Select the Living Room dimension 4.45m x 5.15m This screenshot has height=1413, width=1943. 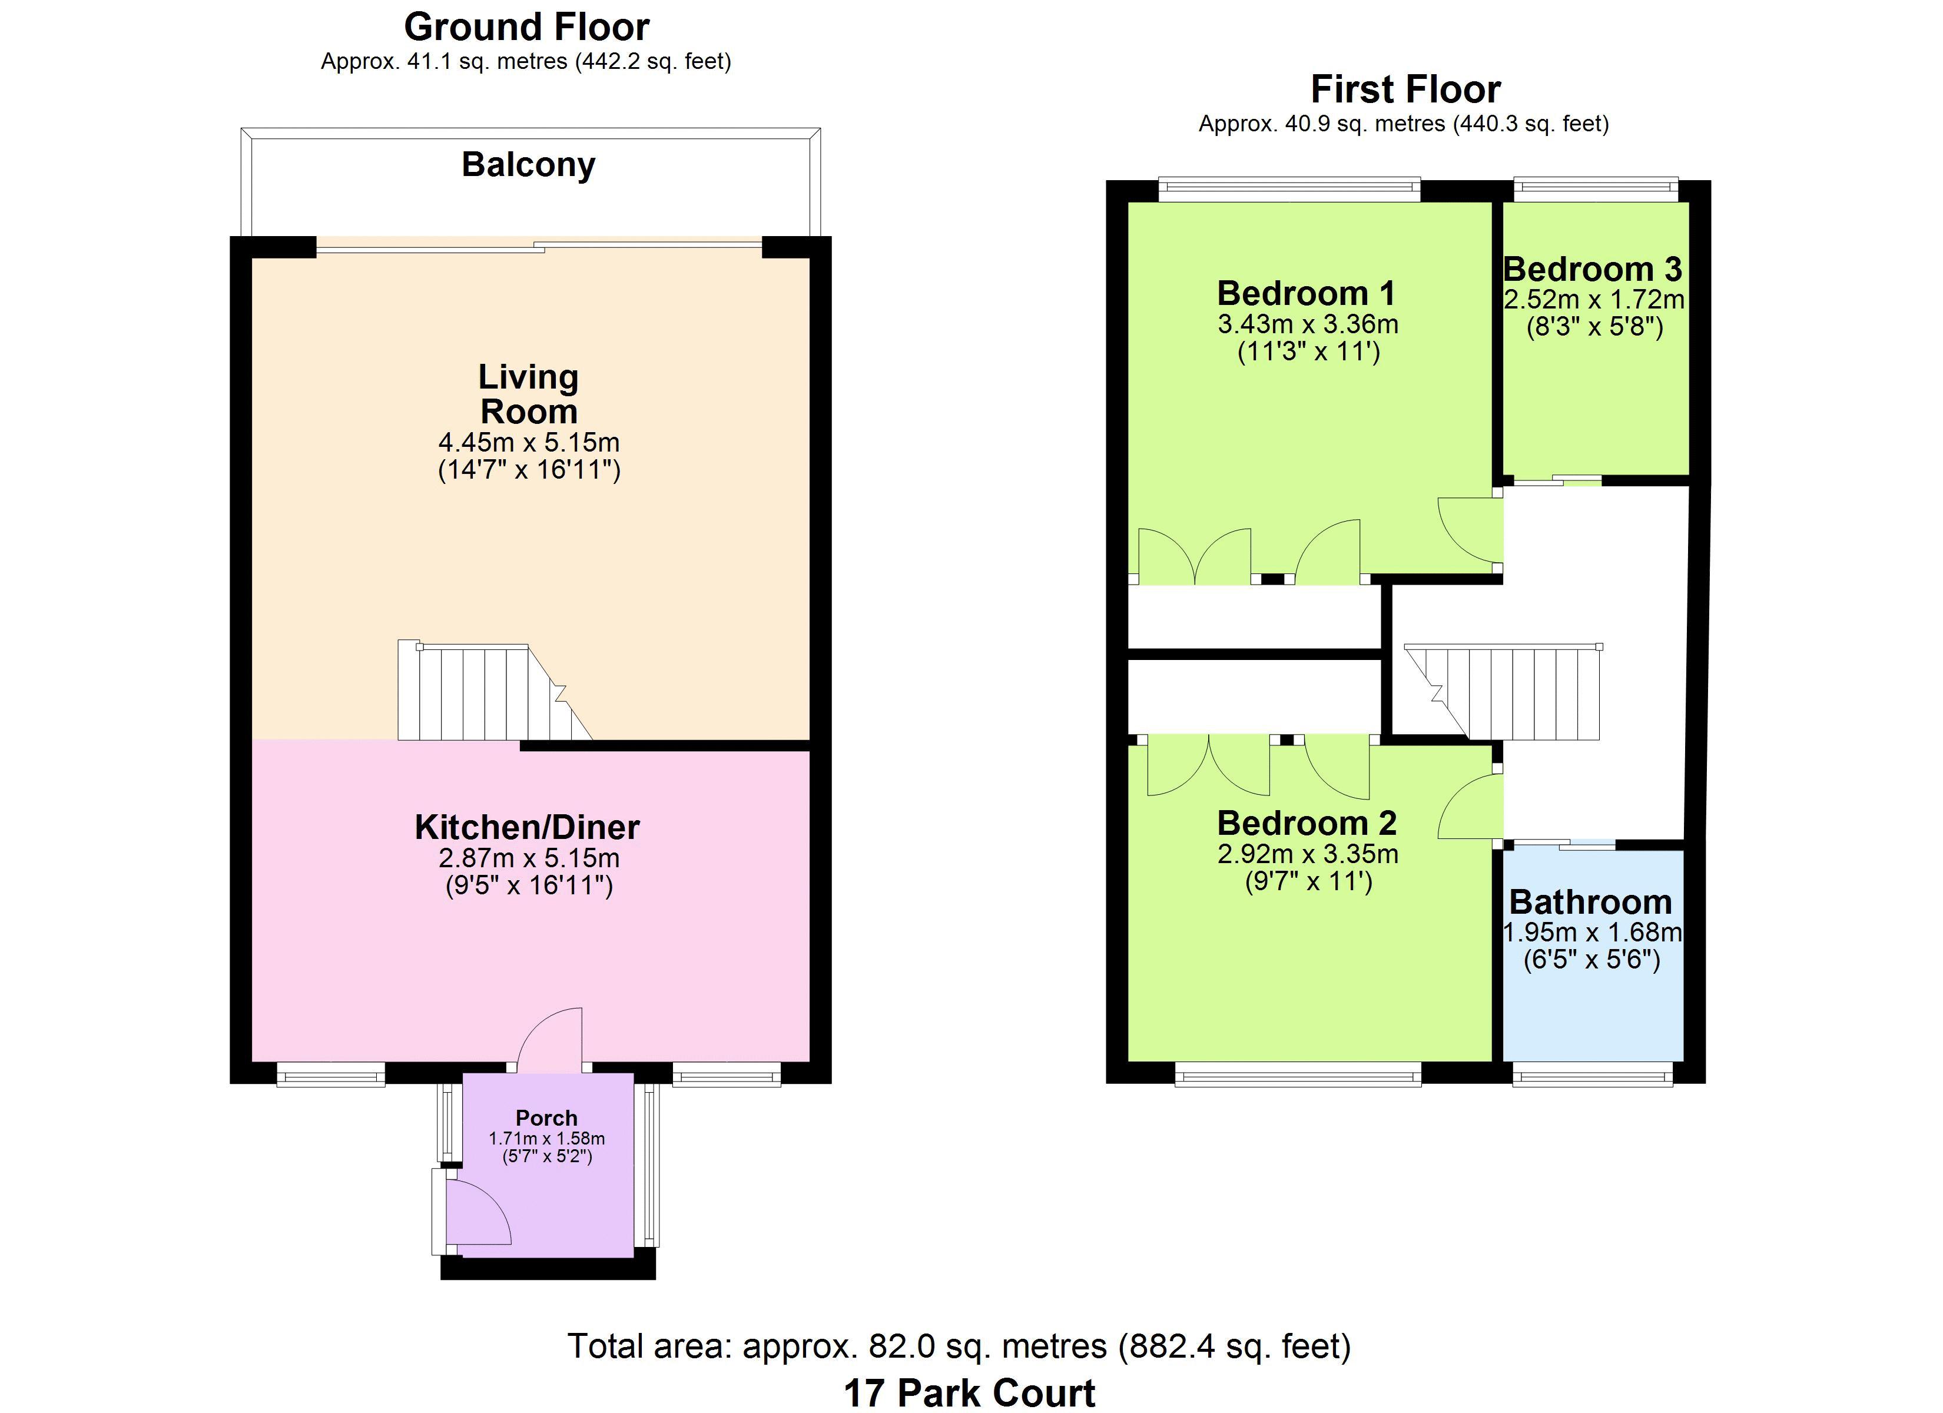tap(529, 443)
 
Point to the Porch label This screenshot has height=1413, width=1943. tap(546, 1118)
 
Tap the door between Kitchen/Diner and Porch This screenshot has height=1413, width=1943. tap(550, 1041)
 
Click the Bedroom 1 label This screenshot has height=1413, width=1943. tap(1307, 294)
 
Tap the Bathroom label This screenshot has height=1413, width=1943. tap(1590, 903)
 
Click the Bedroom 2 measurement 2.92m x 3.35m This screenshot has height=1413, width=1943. tap(1307, 854)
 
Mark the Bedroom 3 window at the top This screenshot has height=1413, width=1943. tap(1595, 190)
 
